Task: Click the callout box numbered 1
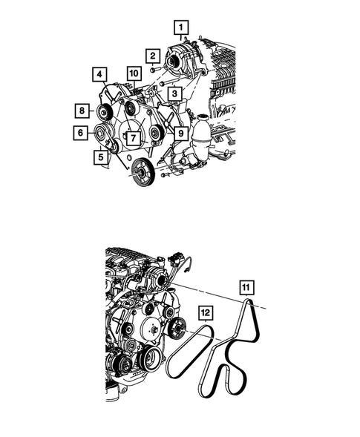[179, 28]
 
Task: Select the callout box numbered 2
[151, 55]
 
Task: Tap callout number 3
[173, 93]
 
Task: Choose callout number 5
[99, 157]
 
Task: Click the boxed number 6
[79, 133]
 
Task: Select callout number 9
[180, 133]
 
